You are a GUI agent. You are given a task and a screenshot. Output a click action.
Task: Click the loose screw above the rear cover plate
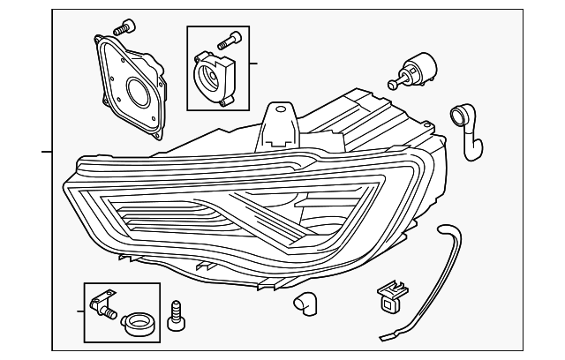[127, 25]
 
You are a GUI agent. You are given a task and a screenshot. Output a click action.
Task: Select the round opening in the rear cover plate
[139, 91]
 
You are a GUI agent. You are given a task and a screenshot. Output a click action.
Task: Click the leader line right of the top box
[253, 64]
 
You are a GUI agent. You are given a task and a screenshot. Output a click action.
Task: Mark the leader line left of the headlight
[47, 151]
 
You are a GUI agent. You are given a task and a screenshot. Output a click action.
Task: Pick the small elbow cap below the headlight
[305, 302]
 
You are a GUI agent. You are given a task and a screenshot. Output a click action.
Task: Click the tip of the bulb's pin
[391, 86]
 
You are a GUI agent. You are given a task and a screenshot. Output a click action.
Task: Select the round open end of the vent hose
[458, 112]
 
